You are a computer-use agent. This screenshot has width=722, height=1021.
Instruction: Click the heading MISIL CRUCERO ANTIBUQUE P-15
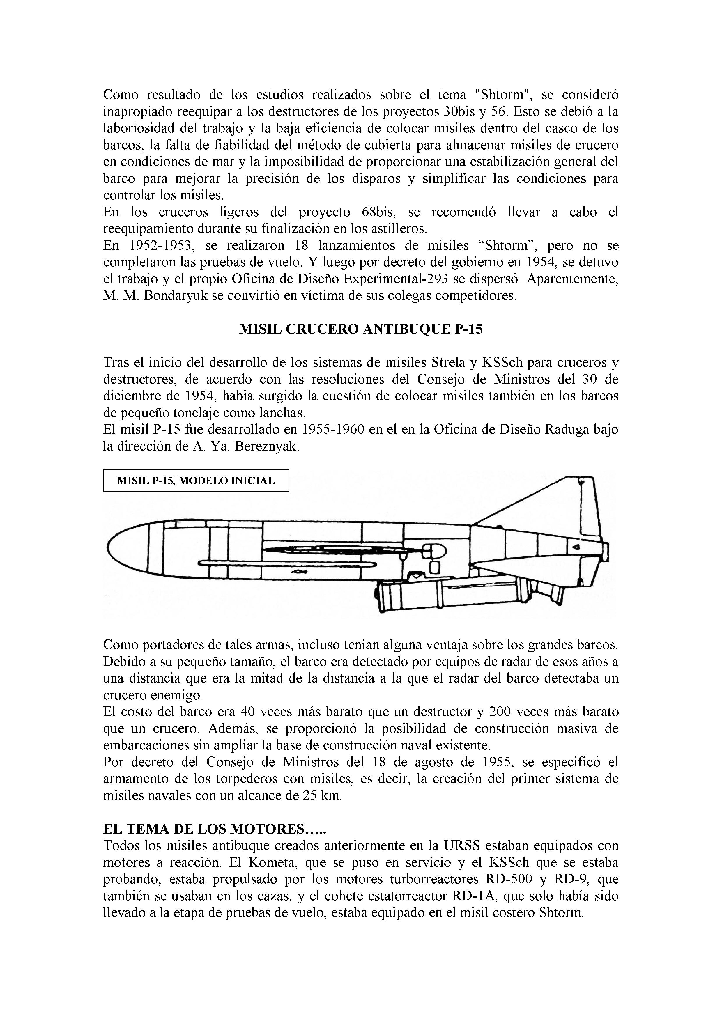(x=361, y=329)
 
